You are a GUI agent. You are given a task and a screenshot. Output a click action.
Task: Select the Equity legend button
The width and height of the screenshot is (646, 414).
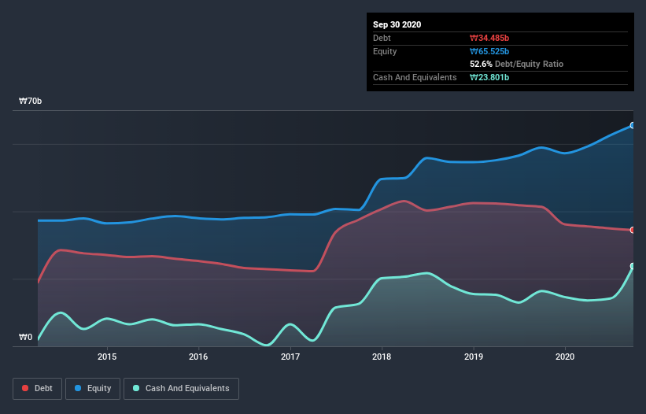[93, 388]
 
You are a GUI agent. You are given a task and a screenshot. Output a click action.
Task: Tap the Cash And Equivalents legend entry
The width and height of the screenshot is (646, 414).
[181, 388]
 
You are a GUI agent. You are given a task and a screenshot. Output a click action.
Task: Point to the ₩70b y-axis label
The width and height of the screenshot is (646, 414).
[31, 102]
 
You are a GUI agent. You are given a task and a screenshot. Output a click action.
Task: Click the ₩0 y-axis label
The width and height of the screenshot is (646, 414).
[26, 338]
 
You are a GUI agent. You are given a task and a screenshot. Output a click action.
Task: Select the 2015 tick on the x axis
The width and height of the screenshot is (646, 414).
[107, 357]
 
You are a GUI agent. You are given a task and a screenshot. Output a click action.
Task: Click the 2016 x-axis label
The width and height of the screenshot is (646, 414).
[198, 357]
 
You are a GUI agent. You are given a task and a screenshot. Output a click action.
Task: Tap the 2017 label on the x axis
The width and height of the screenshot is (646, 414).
[290, 357]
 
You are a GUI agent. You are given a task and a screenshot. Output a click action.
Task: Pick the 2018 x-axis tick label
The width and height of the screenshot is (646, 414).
[382, 357]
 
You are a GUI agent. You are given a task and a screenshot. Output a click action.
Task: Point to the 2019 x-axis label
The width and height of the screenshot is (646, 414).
[474, 357]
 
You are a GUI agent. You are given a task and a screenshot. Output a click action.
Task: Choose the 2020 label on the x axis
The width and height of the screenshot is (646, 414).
[565, 357]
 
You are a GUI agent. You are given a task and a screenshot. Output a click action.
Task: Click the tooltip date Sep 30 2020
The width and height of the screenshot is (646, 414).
[397, 24]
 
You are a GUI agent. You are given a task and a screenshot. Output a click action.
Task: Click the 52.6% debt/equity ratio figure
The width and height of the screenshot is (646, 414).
[482, 64]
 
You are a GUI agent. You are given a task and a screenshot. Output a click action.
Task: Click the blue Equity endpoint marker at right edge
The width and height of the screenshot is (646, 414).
[633, 125]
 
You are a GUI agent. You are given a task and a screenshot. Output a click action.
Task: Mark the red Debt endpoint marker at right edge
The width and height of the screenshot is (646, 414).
[633, 230]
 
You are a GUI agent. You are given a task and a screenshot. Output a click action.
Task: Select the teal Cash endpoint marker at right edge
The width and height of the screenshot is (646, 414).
[633, 266]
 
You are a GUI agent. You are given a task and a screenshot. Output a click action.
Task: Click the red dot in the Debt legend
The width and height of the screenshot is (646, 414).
[26, 388]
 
